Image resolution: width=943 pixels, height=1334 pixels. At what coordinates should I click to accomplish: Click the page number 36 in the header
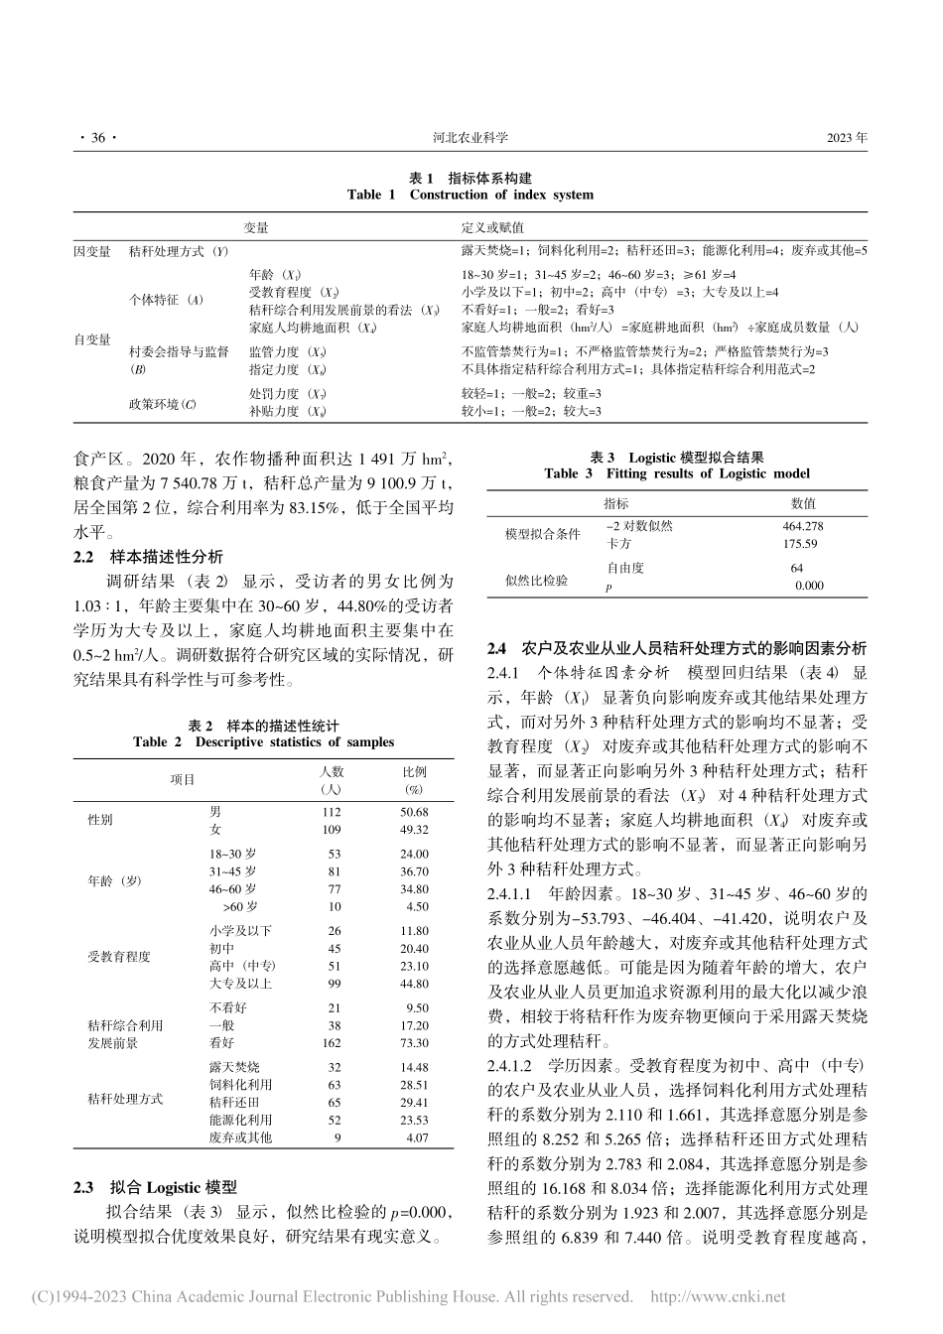[x=96, y=139]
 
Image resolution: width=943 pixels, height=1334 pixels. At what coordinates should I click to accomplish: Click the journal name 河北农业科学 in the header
[x=471, y=139]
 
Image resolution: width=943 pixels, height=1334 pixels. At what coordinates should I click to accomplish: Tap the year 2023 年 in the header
[x=846, y=139]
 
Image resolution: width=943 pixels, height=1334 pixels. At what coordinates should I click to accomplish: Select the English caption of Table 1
[x=471, y=195]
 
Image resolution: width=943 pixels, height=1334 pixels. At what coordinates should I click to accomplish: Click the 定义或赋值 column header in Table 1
[x=487, y=227]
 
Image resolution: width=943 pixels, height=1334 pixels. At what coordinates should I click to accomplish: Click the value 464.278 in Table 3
[x=802, y=526]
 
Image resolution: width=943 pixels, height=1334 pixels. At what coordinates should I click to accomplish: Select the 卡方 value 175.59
[x=800, y=544]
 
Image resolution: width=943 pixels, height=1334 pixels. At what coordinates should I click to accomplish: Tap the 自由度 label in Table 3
[x=625, y=568]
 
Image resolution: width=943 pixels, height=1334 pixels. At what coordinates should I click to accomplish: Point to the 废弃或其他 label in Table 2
[x=240, y=1137]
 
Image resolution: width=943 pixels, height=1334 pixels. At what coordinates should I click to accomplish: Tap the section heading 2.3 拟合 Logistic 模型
[x=156, y=1187]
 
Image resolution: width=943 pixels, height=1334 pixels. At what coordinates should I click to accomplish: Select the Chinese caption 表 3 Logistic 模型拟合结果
[x=677, y=457]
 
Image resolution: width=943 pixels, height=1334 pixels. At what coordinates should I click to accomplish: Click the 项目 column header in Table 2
[x=183, y=780]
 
